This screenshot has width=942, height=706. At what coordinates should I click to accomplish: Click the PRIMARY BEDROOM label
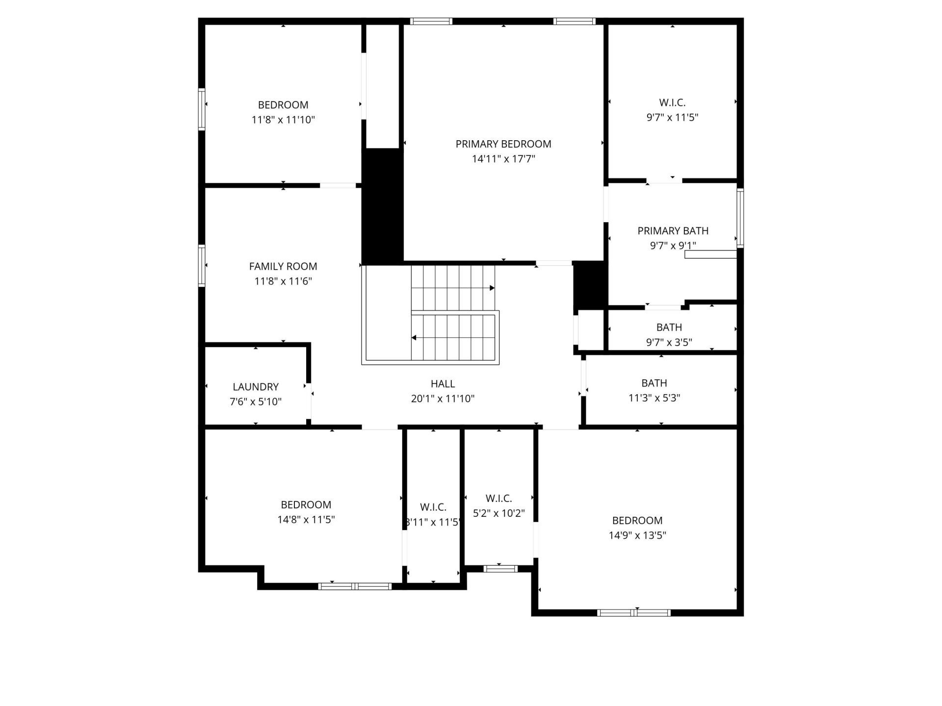503,144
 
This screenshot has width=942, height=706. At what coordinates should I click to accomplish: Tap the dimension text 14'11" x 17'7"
503,159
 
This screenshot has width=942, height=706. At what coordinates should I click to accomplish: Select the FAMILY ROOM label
283,266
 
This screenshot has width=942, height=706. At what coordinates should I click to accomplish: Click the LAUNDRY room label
256,387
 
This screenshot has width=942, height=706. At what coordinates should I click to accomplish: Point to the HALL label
443,384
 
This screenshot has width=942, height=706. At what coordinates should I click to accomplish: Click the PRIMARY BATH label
673,231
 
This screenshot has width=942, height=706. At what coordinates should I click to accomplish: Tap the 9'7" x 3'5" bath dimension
669,342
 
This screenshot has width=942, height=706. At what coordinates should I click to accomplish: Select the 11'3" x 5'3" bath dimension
654,398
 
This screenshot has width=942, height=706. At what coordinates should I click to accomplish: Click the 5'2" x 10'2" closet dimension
499,513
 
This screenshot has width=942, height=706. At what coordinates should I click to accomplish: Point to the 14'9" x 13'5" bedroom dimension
637,535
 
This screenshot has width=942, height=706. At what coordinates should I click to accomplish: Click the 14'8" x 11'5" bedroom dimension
306,520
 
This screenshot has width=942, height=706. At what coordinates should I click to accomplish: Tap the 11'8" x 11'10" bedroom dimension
283,120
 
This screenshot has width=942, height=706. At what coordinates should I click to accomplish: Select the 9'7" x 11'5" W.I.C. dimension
672,118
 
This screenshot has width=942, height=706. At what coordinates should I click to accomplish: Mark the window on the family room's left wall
202,265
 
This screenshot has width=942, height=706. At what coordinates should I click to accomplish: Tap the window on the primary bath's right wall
740,218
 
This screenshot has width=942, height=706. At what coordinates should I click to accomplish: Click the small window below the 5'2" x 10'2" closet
500,569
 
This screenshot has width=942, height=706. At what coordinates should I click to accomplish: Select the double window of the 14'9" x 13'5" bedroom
634,612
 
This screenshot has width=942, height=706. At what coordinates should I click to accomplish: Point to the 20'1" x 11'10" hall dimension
443,399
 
